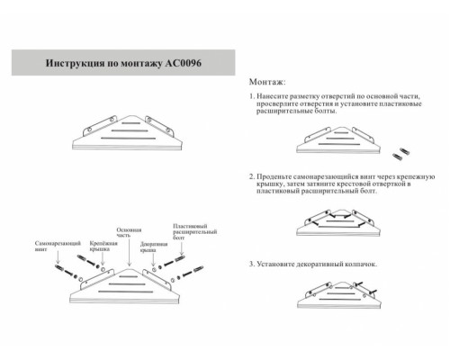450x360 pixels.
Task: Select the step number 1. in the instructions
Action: click(x=252, y=95)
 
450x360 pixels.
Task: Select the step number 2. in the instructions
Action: click(x=252, y=178)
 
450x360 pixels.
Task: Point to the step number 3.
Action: click(x=252, y=265)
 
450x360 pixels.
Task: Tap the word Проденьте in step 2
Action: click(x=279, y=178)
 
